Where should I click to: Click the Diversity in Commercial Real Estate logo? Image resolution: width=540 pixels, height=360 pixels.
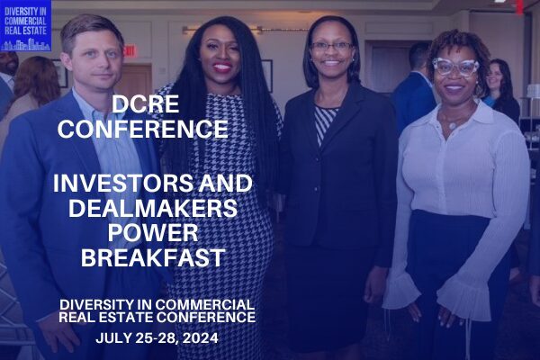[x=25, y=25]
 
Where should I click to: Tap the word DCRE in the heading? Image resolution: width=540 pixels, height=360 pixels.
[x=145, y=104]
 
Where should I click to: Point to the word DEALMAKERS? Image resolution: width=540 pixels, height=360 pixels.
[x=153, y=208]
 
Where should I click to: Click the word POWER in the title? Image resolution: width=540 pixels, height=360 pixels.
[x=153, y=233]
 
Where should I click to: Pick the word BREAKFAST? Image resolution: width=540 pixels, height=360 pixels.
[x=153, y=258]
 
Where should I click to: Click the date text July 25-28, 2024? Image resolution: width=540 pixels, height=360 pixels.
[x=157, y=338]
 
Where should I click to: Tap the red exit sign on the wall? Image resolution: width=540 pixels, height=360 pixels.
[x=130, y=51]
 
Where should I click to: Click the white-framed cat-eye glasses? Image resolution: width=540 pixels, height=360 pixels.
[x=454, y=67]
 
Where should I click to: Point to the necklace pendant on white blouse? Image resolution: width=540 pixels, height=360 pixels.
[x=453, y=126]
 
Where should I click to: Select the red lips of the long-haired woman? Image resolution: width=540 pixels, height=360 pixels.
[x=221, y=67]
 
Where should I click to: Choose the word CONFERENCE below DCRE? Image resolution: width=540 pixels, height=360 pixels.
[x=143, y=129]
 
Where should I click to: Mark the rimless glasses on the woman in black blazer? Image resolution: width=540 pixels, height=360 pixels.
[x=331, y=46]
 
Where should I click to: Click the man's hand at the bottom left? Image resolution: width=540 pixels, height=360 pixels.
[x=59, y=334]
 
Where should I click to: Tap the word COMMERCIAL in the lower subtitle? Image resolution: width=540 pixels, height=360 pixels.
[x=205, y=304]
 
